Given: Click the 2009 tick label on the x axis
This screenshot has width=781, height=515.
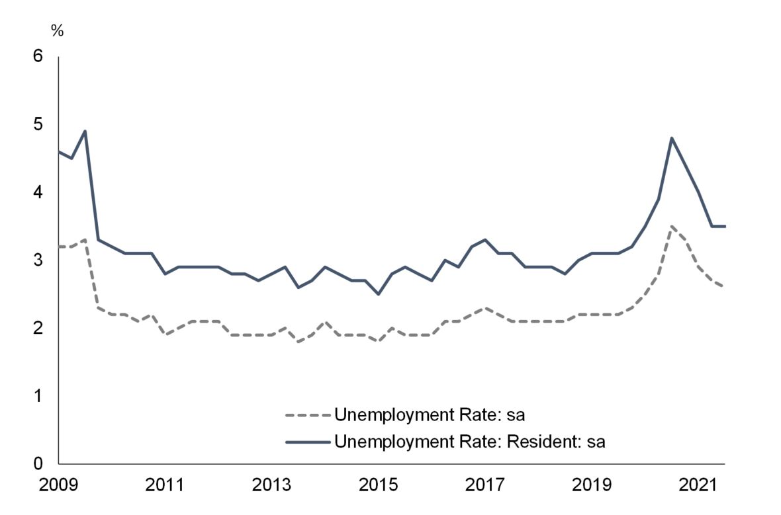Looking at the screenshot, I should (58, 485).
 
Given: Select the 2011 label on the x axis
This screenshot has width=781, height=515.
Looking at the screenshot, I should (164, 485).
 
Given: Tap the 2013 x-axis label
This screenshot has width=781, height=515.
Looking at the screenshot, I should (271, 485).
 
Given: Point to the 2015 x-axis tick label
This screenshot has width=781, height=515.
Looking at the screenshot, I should (379, 485).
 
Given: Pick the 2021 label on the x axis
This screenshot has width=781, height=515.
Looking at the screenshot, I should (699, 485).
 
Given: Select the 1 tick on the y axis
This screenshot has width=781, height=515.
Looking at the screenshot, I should (38, 396).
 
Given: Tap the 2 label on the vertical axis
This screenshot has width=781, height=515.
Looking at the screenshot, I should (38, 328).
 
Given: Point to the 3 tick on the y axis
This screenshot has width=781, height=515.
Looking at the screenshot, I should (38, 260).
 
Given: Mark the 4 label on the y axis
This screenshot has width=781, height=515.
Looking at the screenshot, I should (38, 192).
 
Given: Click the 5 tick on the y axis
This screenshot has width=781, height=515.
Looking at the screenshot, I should (38, 124).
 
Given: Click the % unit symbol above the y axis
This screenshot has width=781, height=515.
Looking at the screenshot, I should (57, 31).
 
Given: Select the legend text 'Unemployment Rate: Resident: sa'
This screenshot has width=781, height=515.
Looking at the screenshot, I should (470, 441).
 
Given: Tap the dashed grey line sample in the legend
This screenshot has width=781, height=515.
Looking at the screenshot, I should (307, 416).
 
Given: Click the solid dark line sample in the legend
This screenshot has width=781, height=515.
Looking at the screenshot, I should (307, 441).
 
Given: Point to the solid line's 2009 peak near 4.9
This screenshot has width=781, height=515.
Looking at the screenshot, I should (85, 131).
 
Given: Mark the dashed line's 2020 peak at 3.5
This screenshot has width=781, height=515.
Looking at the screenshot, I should (672, 226).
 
